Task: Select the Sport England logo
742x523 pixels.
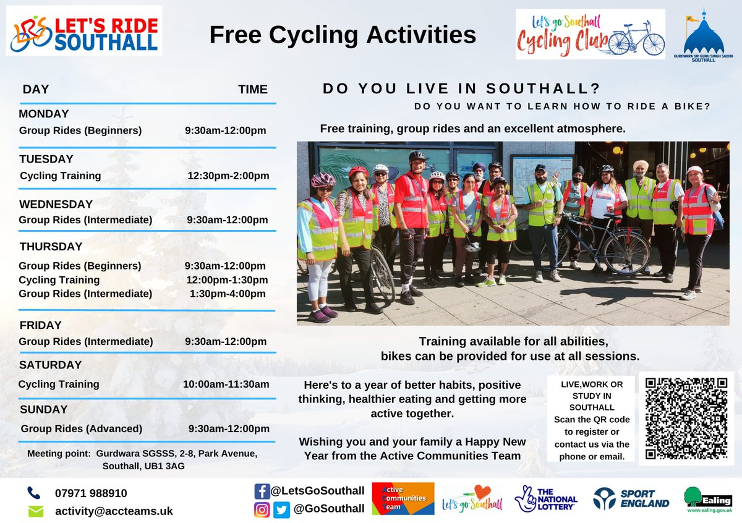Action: coord(631,498)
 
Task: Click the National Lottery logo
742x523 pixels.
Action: coord(546,498)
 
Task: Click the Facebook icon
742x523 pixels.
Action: coord(262,491)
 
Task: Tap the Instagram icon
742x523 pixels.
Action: coord(262,509)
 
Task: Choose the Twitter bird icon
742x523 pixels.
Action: coord(282,509)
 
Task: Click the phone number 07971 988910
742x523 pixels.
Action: coord(91,493)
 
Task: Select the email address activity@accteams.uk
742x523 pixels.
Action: coord(114,511)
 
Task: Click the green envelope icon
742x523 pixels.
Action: coord(36,511)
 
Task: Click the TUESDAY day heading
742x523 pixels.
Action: coord(46,159)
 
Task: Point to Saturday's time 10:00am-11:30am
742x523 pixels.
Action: coord(226,384)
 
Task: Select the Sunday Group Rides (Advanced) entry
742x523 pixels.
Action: coord(82,428)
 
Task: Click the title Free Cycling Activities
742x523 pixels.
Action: coord(343,35)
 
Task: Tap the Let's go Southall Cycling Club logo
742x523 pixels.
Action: coord(590,34)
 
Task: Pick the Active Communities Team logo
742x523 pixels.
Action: coord(403,498)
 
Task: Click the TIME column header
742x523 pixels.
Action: coord(253,90)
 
